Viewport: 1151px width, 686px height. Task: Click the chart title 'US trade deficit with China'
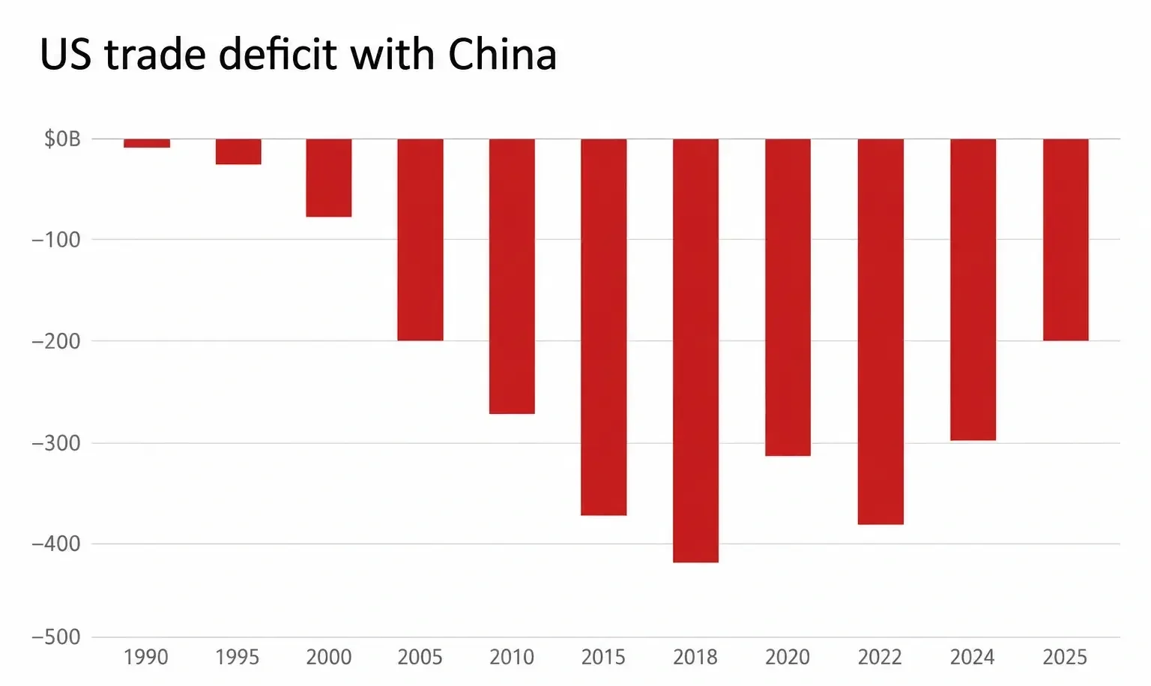coord(298,54)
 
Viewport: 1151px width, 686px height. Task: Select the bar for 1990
coord(146,143)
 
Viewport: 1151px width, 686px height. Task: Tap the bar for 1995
coord(238,151)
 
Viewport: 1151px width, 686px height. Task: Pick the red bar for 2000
coord(329,178)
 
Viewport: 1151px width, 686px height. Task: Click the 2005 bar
coord(420,240)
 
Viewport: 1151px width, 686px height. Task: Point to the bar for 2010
coord(512,276)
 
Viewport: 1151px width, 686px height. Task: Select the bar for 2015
coord(604,327)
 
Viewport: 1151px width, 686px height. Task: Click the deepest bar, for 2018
coord(695,351)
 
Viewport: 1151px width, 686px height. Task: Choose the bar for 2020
coord(788,297)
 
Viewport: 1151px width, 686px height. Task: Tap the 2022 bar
coord(880,331)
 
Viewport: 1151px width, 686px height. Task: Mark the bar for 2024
coord(973,289)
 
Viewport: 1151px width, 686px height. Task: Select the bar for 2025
coord(1066,240)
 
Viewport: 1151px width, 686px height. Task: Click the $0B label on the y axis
coord(63,139)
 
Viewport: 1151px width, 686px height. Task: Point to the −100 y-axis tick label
coord(56,240)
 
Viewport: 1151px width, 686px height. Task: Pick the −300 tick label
coord(56,443)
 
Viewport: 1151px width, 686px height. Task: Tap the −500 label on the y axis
coord(56,638)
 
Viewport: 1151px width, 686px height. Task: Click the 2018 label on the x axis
coord(695,658)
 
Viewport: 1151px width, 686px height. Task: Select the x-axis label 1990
coord(146,658)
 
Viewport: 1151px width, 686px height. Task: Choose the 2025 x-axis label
coord(1065,658)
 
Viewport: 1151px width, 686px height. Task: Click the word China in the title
coord(503,54)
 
